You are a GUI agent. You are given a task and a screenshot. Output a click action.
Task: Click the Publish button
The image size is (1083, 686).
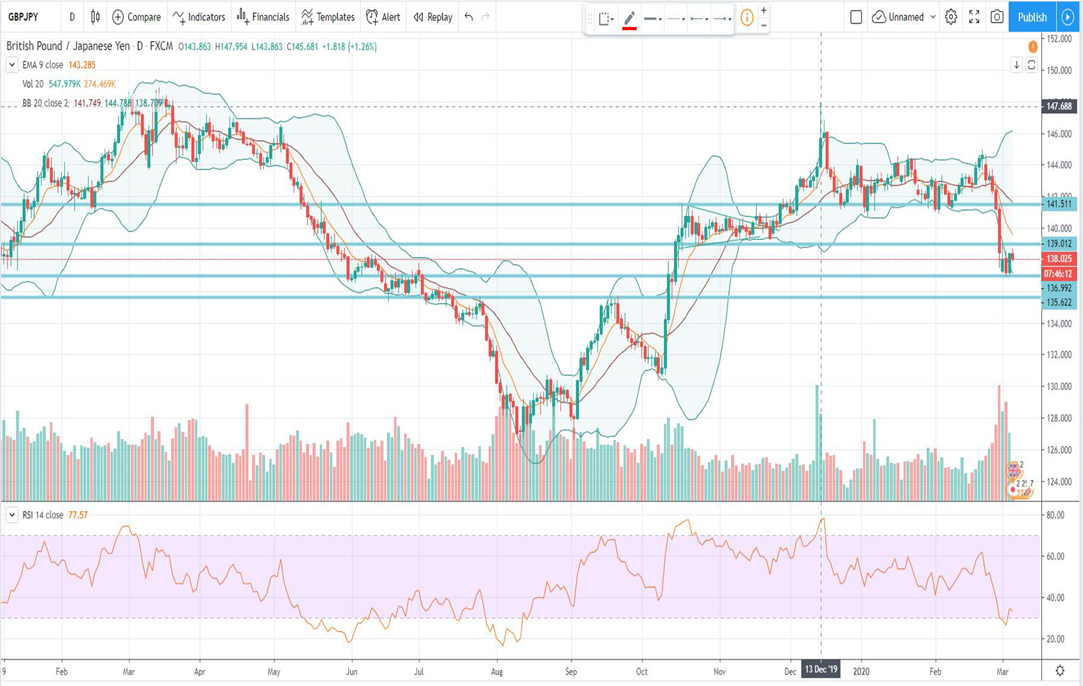point(1031,17)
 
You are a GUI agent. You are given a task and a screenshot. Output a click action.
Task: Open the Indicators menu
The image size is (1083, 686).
point(199,17)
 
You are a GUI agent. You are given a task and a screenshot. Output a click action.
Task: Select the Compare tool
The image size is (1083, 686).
point(137,17)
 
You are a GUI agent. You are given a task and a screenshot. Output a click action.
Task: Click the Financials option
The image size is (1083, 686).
point(263,17)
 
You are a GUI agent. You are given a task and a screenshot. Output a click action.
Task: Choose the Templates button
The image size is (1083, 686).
point(328,17)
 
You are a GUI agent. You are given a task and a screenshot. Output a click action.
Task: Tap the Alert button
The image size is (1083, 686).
point(383,17)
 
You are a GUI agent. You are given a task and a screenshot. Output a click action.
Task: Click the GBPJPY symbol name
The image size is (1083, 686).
point(24,17)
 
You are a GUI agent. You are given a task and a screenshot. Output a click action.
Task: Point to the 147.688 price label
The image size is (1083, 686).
point(1059,107)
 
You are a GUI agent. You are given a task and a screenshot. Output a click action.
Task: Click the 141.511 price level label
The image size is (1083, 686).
point(1059,204)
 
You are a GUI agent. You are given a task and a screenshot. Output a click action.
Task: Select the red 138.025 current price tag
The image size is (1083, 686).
point(1059,259)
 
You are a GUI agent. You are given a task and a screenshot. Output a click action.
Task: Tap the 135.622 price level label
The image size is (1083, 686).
point(1059,303)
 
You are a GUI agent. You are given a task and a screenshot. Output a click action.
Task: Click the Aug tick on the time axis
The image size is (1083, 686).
point(497,672)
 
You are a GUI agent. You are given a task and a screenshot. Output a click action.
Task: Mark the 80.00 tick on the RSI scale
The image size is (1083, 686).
point(1055,515)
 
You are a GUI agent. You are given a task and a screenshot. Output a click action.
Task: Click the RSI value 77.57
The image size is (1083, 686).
point(78,515)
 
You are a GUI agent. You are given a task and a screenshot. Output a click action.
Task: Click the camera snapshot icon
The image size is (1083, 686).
point(997,17)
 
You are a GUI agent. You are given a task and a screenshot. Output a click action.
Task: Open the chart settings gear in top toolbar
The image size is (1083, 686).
point(951,17)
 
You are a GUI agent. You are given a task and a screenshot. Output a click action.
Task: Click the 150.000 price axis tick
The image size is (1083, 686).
point(1059,70)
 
